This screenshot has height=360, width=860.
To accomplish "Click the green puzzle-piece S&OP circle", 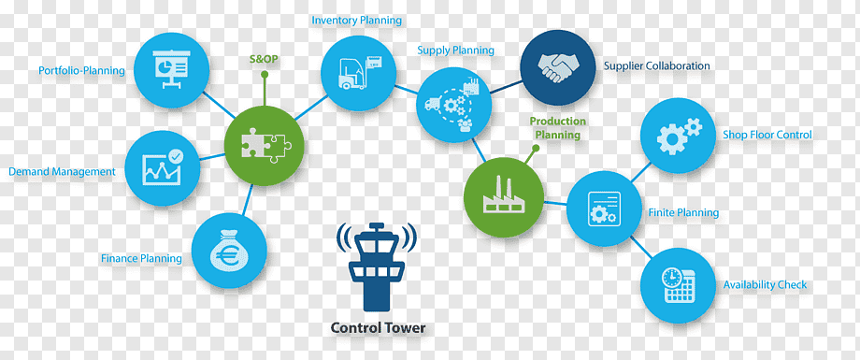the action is (264, 146).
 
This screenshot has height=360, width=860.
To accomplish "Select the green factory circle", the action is (504, 197).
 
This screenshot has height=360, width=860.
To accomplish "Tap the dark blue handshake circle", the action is (558, 67).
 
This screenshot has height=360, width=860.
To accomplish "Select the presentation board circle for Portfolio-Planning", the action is (172, 70).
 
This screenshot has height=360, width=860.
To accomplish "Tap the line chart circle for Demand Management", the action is (163, 168).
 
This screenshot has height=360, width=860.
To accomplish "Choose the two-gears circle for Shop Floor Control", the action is (678, 135).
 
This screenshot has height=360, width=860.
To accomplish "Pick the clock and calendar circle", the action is (679, 285).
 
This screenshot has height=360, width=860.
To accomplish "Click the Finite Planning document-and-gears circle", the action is (603, 209).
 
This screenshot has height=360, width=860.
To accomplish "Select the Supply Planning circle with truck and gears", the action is (453, 106).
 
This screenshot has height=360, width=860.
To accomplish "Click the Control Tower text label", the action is (378, 328).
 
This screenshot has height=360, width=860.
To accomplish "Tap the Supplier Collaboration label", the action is (656, 65).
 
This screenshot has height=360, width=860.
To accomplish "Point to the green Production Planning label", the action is (558, 128).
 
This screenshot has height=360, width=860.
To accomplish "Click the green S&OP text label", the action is (264, 59).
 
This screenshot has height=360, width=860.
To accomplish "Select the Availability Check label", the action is (765, 285).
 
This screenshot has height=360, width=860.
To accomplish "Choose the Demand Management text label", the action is (62, 172).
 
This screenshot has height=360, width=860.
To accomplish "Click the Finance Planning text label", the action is (141, 258).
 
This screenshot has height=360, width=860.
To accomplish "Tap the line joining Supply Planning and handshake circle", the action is (505, 87).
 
